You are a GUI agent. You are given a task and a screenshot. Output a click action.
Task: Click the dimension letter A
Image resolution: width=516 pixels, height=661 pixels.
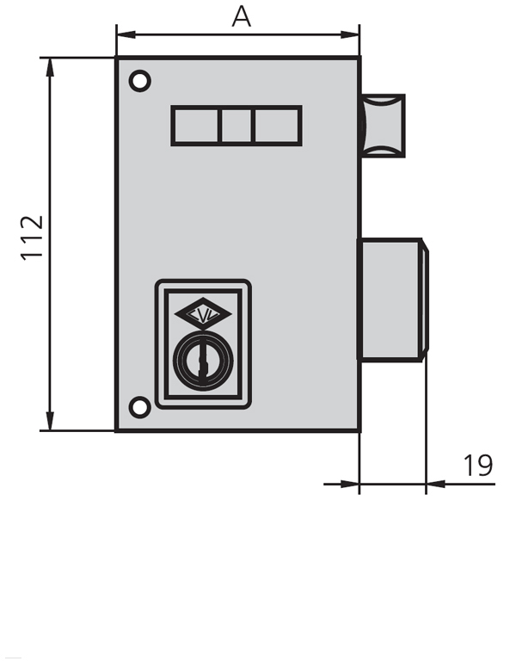(x=242, y=15)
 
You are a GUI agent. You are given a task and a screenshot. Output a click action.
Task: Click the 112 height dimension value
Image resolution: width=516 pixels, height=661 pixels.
(x=32, y=237)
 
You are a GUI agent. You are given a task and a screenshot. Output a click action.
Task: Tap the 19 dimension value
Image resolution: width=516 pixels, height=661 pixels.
(x=478, y=466)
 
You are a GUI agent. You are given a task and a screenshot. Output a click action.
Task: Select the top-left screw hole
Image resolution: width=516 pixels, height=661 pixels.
(x=139, y=82)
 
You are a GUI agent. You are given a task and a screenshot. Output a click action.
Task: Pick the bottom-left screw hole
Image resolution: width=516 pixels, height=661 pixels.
(x=139, y=406)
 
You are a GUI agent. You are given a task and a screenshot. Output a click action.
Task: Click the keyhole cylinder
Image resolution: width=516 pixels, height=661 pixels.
(x=202, y=355)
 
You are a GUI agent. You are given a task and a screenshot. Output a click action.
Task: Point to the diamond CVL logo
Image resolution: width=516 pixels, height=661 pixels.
(x=202, y=316)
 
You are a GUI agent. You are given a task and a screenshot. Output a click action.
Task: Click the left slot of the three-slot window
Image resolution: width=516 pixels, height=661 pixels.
(x=196, y=126)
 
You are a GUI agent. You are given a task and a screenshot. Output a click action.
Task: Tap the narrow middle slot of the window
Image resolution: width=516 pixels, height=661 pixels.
(x=236, y=126)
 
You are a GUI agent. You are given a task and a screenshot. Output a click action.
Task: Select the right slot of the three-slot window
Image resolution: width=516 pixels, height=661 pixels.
(x=276, y=126)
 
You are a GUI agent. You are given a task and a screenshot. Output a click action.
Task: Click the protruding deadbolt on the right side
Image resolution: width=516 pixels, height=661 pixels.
(x=391, y=299)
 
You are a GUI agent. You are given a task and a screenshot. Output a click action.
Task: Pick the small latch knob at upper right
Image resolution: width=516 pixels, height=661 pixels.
(x=383, y=125)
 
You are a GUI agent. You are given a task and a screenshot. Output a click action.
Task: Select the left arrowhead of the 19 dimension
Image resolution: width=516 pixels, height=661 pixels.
(x=352, y=484)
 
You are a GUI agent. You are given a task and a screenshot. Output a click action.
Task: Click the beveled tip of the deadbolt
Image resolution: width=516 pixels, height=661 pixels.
(x=425, y=299)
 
